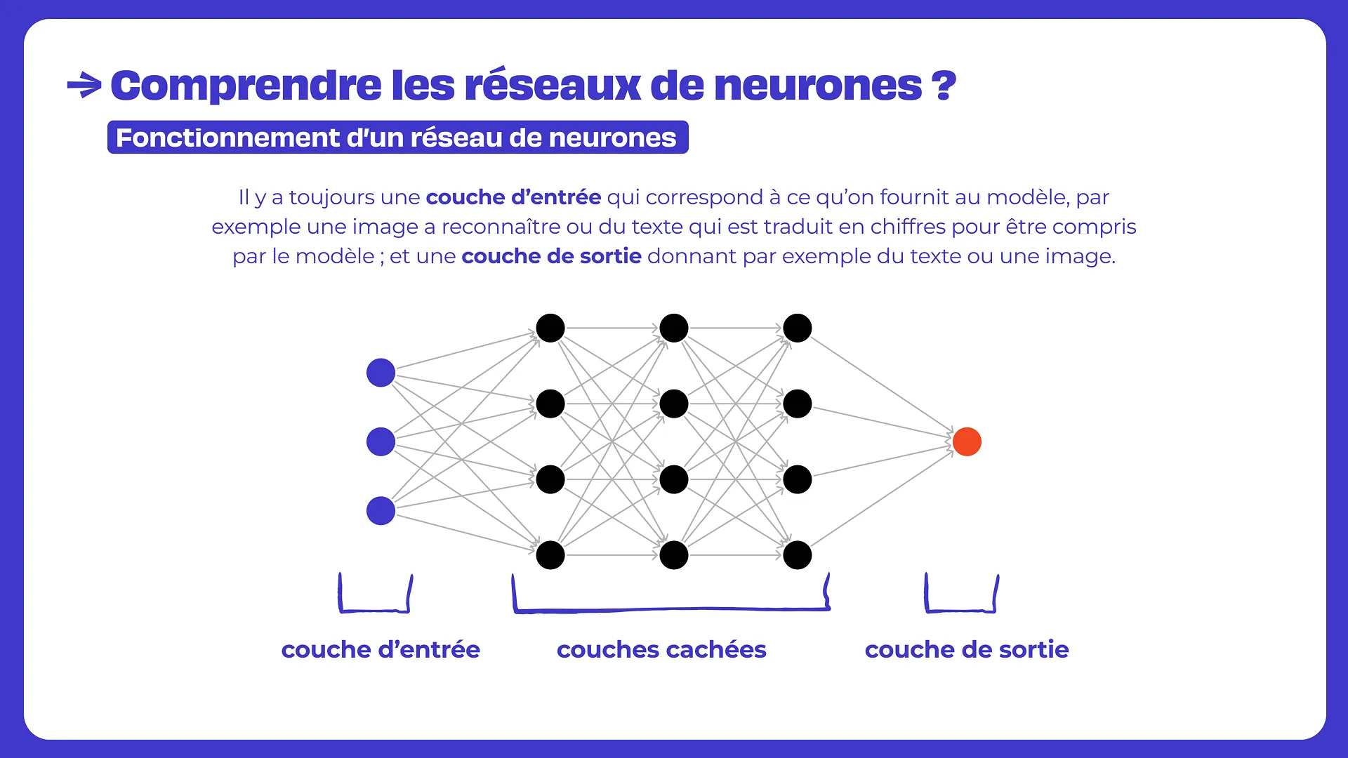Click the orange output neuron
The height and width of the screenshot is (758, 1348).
pos(967,441)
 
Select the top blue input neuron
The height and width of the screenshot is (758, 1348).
pos(381,373)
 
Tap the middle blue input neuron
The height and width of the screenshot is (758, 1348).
pos(381,441)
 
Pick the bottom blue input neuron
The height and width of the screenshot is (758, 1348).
pos(381,511)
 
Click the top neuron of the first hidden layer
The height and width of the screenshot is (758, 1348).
pos(550,328)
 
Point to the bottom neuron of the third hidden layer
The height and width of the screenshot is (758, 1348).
pos(798,555)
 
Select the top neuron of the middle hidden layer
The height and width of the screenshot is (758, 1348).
pos(674,328)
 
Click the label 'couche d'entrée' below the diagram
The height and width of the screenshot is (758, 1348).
pos(381,650)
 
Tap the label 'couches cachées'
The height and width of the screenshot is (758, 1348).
pos(661,650)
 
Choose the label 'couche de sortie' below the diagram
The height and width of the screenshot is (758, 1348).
pos(967,650)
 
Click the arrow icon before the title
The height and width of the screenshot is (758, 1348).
pos(84,86)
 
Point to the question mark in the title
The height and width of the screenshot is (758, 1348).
pos(944,86)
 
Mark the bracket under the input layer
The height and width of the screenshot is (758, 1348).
pos(375,609)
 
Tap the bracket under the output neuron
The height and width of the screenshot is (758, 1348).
pos(960,609)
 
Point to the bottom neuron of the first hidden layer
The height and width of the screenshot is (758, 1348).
pos(550,555)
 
